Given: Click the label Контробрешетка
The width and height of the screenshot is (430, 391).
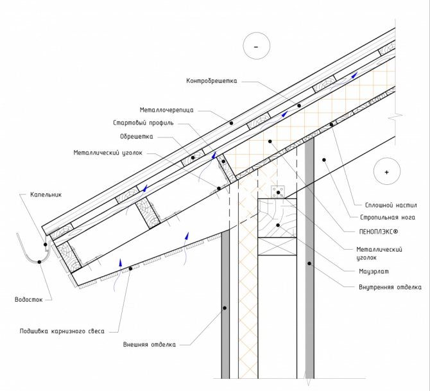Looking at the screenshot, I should pos(212,81).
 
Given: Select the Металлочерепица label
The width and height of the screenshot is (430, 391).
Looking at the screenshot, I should pos(166,110).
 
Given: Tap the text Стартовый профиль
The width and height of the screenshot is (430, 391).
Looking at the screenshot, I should pos(143,123).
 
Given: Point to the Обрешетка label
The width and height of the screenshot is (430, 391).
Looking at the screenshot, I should pos(137,136).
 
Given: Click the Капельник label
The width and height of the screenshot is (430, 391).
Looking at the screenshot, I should pos(46,195).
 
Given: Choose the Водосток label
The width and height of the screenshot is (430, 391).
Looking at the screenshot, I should pos(28,299).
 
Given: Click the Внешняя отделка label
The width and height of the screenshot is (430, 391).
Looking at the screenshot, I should pos(149,345).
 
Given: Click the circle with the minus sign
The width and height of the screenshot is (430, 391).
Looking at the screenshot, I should pos(255,47).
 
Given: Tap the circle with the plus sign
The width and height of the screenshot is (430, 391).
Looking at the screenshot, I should pos(386,173).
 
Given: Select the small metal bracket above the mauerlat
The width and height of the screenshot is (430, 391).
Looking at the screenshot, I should pos(278,192).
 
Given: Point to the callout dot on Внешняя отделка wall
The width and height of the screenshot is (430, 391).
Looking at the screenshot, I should pos(225,309).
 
